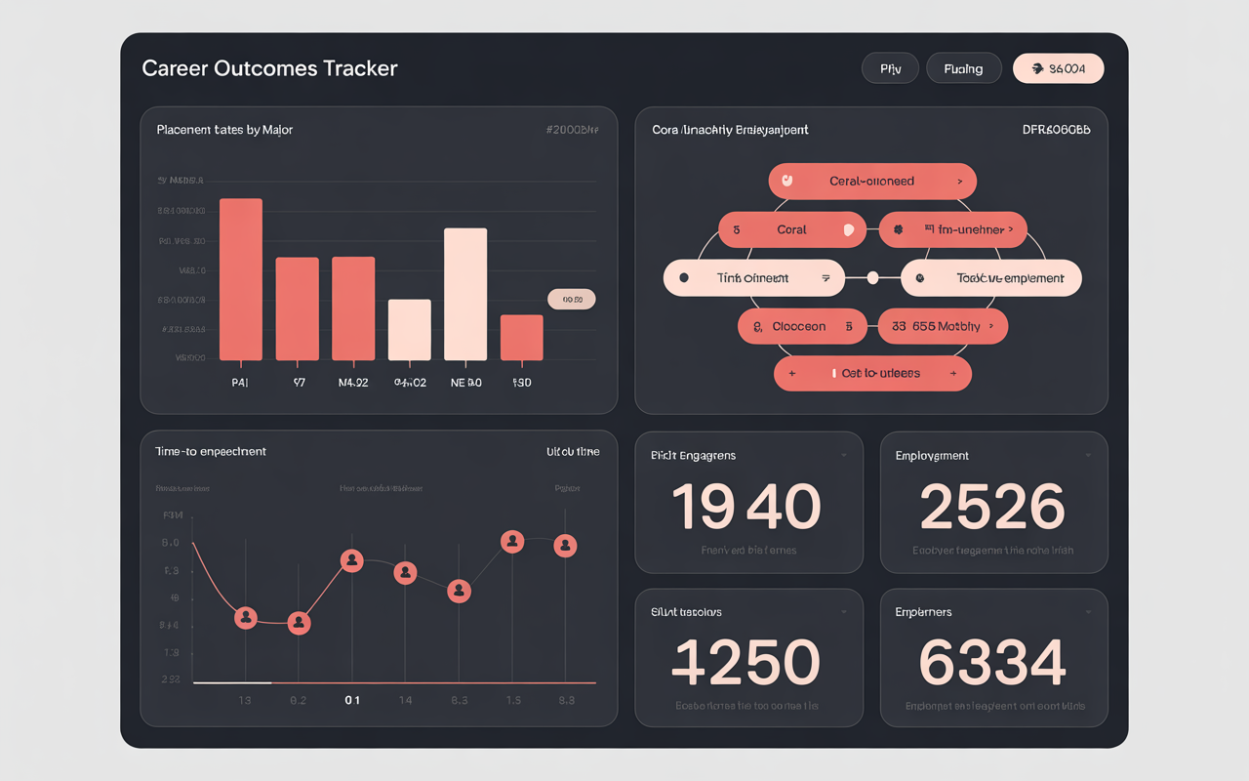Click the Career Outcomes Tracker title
pyautogui.click(x=269, y=68)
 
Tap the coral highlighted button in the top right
pyautogui.click(x=1058, y=68)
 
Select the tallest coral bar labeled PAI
pyautogui.click(x=241, y=279)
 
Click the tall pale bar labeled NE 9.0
pyautogui.click(x=465, y=294)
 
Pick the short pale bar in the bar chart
pyautogui.click(x=410, y=330)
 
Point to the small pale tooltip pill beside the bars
pyautogui.click(x=571, y=300)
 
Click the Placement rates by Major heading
pyautogui.click(x=224, y=130)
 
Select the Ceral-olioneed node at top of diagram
pyautogui.click(x=871, y=182)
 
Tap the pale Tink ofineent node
pyautogui.click(x=753, y=278)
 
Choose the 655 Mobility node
pyautogui.click(x=943, y=327)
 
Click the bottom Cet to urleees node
pyautogui.click(x=872, y=373)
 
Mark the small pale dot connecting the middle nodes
pyautogui.click(x=872, y=278)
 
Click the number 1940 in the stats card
pyautogui.click(x=747, y=508)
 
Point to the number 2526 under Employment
pyautogui.click(x=992, y=508)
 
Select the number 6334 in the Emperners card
pyautogui.click(x=992, y=664)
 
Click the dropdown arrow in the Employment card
pyautogui.click(x=1088, y=456)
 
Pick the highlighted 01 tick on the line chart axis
pyautogui.click(x=352, y=700)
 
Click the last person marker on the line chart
pyautogui.click(x=565, y=546)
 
